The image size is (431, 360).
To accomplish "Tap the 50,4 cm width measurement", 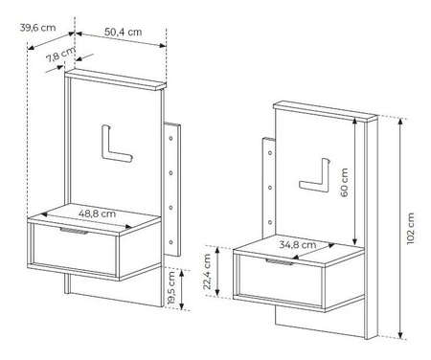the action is point(122,32).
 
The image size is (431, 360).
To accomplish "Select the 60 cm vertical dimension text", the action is point(346,181).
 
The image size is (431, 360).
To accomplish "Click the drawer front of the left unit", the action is point(75,248).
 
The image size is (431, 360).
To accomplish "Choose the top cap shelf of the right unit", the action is point(326,112).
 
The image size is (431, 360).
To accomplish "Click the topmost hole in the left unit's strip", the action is point(170,141).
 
